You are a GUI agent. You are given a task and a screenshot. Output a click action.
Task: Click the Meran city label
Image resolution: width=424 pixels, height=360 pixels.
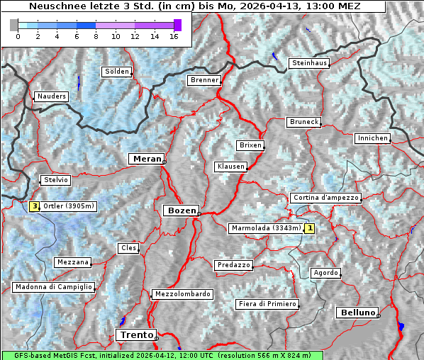(145, 159)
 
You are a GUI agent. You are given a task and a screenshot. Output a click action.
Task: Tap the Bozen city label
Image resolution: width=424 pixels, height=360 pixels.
(180, 210)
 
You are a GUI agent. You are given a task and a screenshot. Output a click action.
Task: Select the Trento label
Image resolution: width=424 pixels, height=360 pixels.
(135, 334)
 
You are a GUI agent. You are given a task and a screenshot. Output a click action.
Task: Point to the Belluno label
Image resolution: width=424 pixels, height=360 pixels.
(357, 312)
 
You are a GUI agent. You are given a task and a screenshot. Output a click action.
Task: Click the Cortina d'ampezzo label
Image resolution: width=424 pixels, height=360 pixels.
(325, 198)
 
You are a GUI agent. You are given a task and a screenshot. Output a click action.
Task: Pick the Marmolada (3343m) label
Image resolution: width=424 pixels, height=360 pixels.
(266, 228)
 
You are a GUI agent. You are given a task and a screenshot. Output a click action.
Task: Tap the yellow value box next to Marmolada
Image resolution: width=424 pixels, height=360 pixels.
(309, 228)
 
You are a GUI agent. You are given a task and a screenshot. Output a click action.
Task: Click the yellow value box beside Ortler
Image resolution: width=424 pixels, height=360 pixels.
(34, 206)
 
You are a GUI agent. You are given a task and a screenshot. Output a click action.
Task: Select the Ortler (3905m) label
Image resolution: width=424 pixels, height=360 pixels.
(69, 206)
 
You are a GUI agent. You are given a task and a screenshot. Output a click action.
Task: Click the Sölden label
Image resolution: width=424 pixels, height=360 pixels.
(117, 72)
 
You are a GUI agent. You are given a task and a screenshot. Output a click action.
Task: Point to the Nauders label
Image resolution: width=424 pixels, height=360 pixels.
(51, 96)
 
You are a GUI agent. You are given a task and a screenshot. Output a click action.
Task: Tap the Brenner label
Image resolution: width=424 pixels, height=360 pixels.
(204, 80)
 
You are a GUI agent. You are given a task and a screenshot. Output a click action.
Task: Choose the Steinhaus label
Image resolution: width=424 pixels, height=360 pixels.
(310, 63)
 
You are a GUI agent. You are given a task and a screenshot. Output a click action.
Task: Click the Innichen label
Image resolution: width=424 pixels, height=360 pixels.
(373, 138)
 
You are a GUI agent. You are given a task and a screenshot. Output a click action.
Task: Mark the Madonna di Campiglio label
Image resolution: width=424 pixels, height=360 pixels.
(53, 287)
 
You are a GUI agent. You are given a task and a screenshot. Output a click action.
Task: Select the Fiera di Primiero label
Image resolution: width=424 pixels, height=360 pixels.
(267, 304)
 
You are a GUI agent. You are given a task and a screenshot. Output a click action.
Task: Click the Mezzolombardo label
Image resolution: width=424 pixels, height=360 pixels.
(182, 294)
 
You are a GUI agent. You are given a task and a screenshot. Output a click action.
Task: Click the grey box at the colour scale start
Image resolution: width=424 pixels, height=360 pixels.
(14, 25)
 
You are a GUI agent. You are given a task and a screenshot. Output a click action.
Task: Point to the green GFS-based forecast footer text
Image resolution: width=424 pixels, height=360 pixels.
(162, 355)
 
